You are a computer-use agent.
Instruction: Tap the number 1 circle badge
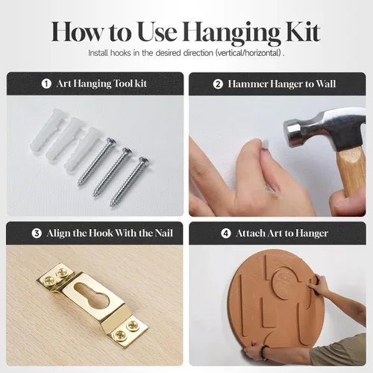coord(46,84)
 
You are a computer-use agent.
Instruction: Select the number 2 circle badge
coord(218,84)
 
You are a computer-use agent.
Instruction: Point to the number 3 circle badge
coord(37,233)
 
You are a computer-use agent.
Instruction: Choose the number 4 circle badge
coord(226,233)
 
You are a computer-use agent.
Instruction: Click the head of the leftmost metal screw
coord(110,142)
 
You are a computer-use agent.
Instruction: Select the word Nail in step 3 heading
coord(163,233)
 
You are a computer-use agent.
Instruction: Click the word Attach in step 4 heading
coord(251,233)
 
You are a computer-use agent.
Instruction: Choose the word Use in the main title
coord(157,32)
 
